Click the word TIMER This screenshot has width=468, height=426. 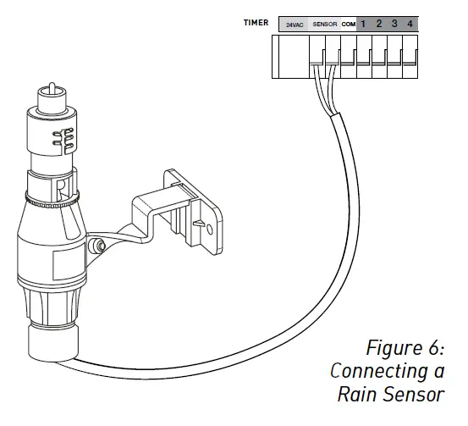coord(256,24)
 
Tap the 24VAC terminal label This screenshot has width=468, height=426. coord(295,25)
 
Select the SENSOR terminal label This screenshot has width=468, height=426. coord(325,25)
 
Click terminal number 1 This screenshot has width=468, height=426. coord(364,24)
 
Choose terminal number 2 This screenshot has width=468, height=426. coord(379,24)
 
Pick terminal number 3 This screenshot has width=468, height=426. coord(394,24)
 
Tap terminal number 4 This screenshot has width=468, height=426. coord(410,24)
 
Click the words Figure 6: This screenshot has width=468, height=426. coord(405,348)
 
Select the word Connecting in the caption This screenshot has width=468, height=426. coord(379,371)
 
